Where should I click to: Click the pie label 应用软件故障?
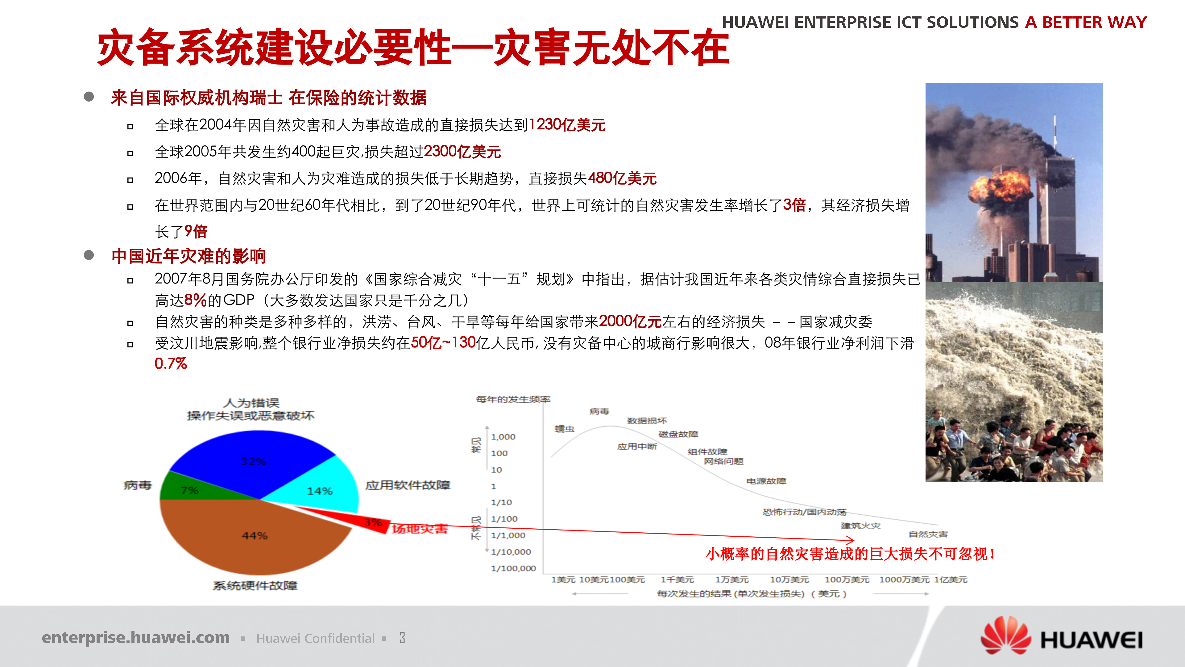pos(408,485)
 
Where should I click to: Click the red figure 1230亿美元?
pos(567,125)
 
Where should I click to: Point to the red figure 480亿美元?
pos(622,178)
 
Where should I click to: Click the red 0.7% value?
pos(170,364)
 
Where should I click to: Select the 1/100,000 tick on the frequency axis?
pos(513,568)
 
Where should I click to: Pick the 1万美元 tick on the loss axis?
pos(731,580)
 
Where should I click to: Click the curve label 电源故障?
pos(766,481)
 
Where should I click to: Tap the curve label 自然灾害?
pos(928,534)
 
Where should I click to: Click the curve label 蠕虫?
pos(565,429)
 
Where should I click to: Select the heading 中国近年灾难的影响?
pos(189,256)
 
